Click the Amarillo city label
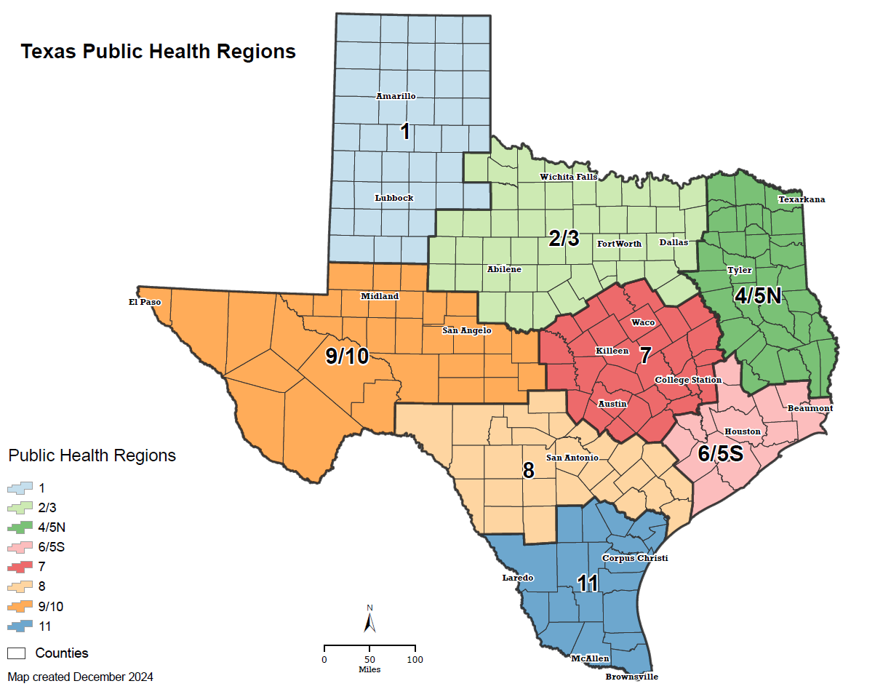click(x=395, y=96)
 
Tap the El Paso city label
click(x=145, y=301)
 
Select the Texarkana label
click(x=802, y=199)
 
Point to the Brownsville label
click(x=631, y=677)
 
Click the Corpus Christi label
click(x=634, y=558)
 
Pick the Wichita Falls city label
click(x=568, y=177)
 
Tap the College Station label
click(x=688, y=380)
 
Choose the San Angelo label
click(x=467, y=330)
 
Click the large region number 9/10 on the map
click(x=348, y=356)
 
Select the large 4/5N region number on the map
click(x=757, y=295)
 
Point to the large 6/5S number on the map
click(x=720, y=454)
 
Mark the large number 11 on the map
click(x=588, y=584)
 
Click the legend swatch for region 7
click(x=19, y=566)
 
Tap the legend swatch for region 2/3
click(x=19, y=507)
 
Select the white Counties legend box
click(x=18, y=653)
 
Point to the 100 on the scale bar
click(x=415, y=659)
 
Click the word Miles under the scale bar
click(x=369, y=669)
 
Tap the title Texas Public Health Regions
click(x=158, y=52)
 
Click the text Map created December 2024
click(x=81, y=677)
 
